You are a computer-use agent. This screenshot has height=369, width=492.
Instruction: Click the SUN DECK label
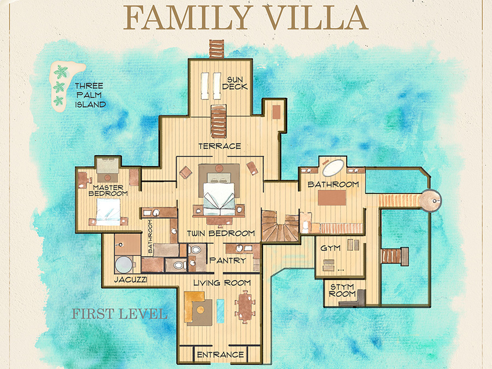pos(235,83)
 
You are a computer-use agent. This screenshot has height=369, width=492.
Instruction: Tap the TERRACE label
pos(220,146)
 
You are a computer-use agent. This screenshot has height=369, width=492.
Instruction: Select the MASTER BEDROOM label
pos(108,190)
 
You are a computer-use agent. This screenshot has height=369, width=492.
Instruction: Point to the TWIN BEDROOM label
pos(221,233)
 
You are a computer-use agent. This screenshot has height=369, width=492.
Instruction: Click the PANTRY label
pos(227,260)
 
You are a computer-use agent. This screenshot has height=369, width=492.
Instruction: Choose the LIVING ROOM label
pos(222,283)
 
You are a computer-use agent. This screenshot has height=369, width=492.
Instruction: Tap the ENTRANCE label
pos(220,355)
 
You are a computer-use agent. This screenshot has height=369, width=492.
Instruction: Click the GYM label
pos(330,248)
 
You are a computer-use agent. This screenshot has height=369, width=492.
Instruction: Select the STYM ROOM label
pos(342,290)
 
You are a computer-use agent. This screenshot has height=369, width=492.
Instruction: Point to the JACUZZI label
pos(131,279)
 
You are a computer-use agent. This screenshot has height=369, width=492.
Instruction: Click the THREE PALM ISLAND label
pos(90,95)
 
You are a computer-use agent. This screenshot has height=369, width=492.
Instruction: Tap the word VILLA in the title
pos(317,17)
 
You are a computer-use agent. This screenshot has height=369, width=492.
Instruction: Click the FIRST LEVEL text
pos(119,314)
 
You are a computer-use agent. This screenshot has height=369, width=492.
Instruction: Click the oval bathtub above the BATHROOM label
pos(333,168)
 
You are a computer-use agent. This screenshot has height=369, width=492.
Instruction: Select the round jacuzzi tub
pos(124,265)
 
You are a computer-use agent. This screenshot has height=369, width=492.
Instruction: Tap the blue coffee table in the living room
pos(221,311)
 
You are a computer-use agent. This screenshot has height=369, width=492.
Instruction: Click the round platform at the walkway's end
pos(431,201)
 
